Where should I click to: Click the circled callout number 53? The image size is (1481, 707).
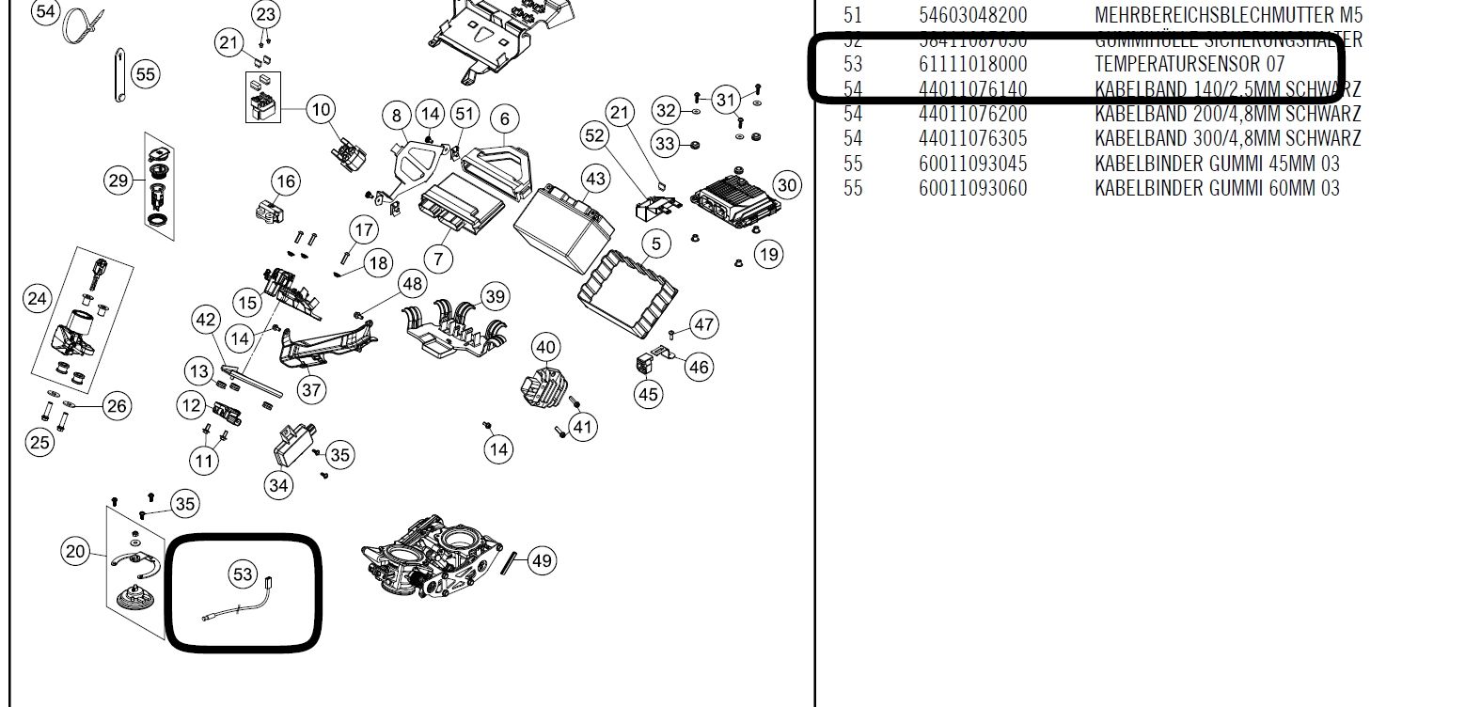coord(243,573)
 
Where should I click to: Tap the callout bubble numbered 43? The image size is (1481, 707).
coord(595,179)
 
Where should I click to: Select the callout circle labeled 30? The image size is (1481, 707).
coord(787,185)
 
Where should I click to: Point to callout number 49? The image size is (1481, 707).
coord(542,561)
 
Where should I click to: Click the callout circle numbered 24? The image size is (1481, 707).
coord(37,299)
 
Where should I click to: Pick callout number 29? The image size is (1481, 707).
coord(118,180)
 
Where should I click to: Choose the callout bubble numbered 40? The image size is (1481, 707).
coord(546,348)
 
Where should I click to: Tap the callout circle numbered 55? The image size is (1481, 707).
coord(145,73)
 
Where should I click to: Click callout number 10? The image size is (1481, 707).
coord(321,109)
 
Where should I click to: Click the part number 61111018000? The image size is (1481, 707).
coord(972,65)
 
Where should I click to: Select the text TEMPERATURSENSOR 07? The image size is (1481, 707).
coord(1189,65)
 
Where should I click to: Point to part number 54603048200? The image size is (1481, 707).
coord(972,16)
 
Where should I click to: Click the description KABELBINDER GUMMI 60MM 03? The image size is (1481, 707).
coord(1217,188)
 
